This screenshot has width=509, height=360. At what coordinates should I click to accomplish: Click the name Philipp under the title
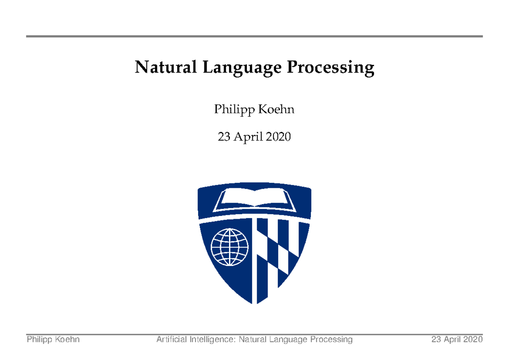click(233, 110)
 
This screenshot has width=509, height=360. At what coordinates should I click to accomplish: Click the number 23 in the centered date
click(224, 137)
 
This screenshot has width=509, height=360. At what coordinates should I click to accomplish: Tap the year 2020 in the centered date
click(277, 137)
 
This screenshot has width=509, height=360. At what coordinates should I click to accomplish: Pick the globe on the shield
click(229, 247)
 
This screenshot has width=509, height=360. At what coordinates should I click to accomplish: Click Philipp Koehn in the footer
click(53, 339)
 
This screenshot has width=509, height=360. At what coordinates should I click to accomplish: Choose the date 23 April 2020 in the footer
click(457, 339)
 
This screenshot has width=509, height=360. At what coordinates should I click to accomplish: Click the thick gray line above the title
click(255, 36)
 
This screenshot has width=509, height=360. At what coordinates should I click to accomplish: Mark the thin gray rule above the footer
click(255, 334)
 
